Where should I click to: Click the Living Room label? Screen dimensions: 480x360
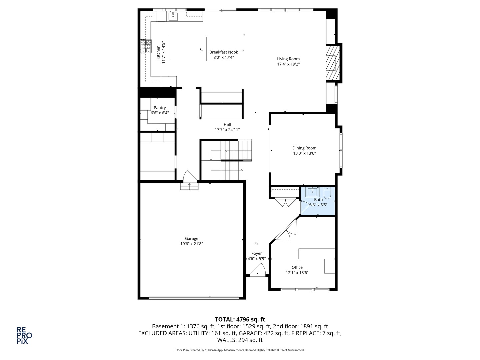(288, 59)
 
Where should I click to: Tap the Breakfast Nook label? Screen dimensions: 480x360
(223, 52)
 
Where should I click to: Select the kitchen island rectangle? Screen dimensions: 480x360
(188, 49)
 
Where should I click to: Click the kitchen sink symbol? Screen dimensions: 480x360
(173, 16)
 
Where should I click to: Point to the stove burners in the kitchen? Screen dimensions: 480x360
(146, 46)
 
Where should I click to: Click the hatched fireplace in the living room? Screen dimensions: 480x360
(333, 63)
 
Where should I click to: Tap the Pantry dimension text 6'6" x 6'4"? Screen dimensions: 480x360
(160, 113)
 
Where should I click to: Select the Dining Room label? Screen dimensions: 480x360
(304, 148)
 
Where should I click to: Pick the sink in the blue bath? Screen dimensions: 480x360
(312, 192)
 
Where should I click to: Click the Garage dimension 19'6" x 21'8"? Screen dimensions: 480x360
(192, 244)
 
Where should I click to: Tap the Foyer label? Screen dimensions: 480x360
(257, 253)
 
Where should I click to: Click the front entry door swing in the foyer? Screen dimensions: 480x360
(258, 269)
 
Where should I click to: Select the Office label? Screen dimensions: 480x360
(297, 267)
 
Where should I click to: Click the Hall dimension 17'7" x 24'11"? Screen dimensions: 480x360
(227, 130)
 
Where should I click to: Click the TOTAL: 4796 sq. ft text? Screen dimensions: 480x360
(240, 319)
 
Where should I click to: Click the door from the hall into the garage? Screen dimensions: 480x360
(190, 176)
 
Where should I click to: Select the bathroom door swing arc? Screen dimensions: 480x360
(304, 207)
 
